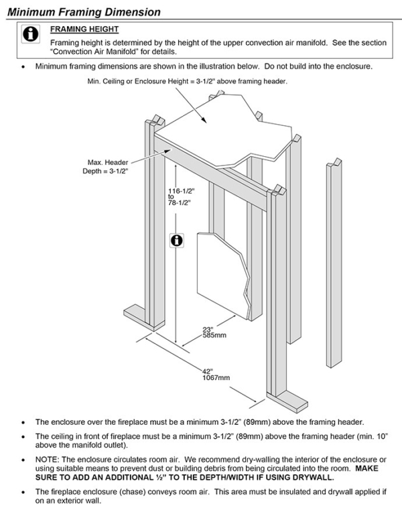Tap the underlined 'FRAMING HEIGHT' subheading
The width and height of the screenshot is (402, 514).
pos(84,29)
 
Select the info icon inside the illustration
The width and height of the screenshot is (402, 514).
pos(177,240)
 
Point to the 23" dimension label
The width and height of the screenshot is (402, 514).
pos(208,328)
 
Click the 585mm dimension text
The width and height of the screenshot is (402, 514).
pos(214,335)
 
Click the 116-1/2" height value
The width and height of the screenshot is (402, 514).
pos(180,190)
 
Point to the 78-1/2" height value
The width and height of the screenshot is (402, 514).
pos(180,202)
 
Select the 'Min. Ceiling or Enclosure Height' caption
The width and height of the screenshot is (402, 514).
pos(188,81)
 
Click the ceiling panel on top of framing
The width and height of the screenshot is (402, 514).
pos(221,127)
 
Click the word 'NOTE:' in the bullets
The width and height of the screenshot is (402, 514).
pos(48,460)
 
